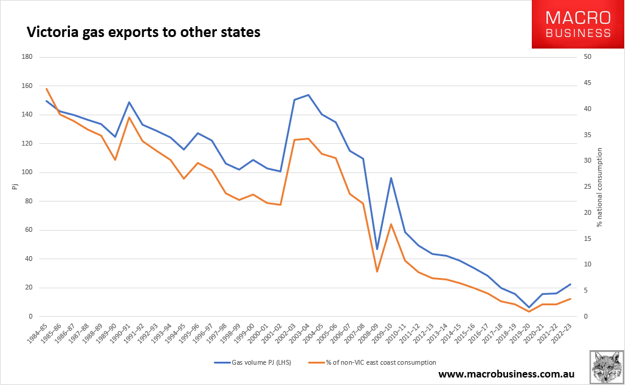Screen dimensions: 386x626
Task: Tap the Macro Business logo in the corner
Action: coord(577,24)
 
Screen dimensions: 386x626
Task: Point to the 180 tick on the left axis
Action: coord(26,57)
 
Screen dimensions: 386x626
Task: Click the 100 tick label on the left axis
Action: coord(26,172)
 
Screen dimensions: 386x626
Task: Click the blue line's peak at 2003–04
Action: coord(308,95)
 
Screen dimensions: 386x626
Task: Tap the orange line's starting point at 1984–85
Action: coord(46,89)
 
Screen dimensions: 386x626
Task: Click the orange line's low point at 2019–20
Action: coord(529,311)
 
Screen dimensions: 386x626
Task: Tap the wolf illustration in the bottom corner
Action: coord(606,366)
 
